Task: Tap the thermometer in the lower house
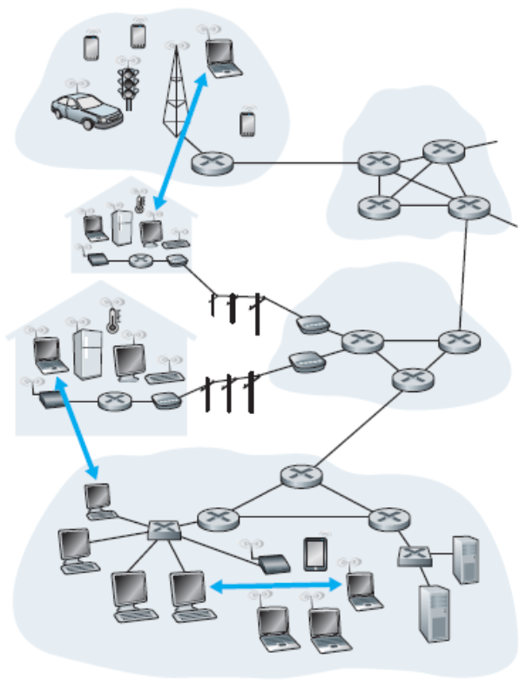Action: [x=111, y=320]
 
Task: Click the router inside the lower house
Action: [x=114, y=402]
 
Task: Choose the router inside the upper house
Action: [x=140, y=260]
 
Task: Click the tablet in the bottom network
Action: [x=315, y=553]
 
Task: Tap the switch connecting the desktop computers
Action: [x=163, y=529]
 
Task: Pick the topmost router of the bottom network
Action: [x=301, y=477]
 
